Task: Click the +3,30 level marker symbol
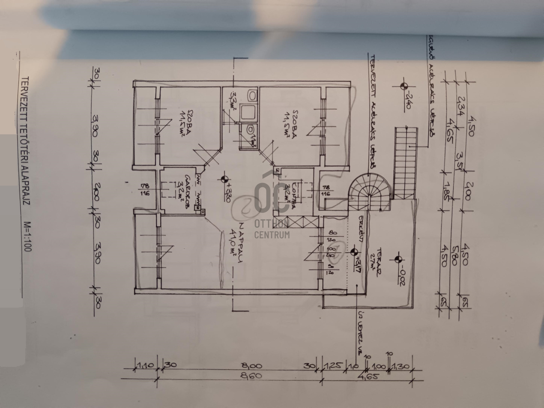point(224,179)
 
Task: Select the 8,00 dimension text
point(254,366)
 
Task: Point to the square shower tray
point(249,113)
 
